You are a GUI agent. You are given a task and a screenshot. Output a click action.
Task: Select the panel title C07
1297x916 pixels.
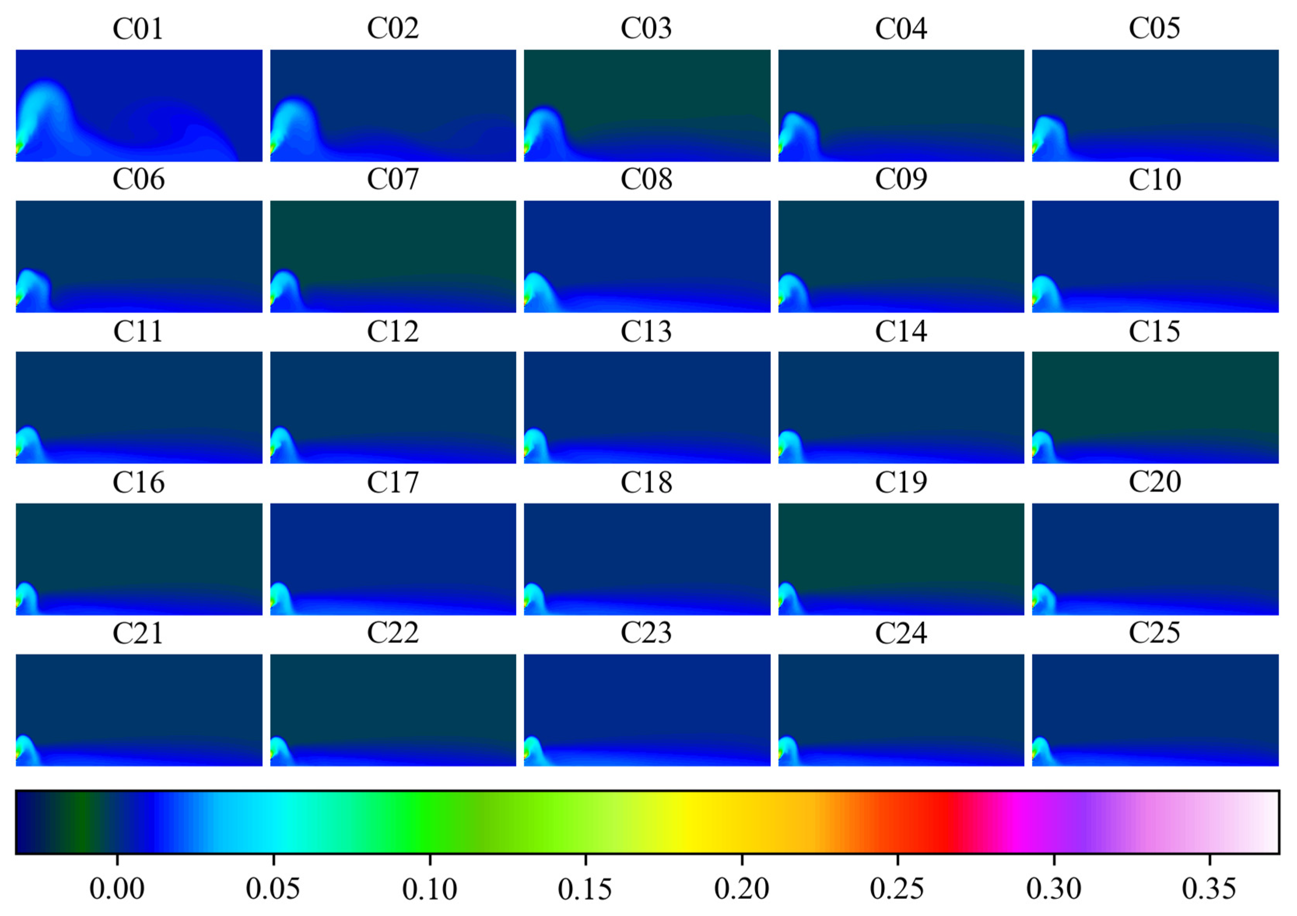[393, 180]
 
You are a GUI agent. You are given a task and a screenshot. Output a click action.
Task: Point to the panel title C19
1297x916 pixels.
[901, 482]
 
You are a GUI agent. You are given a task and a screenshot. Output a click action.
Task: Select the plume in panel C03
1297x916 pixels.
[542, 127]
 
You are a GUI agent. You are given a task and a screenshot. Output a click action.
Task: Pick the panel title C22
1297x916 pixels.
[393, 633]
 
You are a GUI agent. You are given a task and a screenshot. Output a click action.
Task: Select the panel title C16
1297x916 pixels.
[138, 482]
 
